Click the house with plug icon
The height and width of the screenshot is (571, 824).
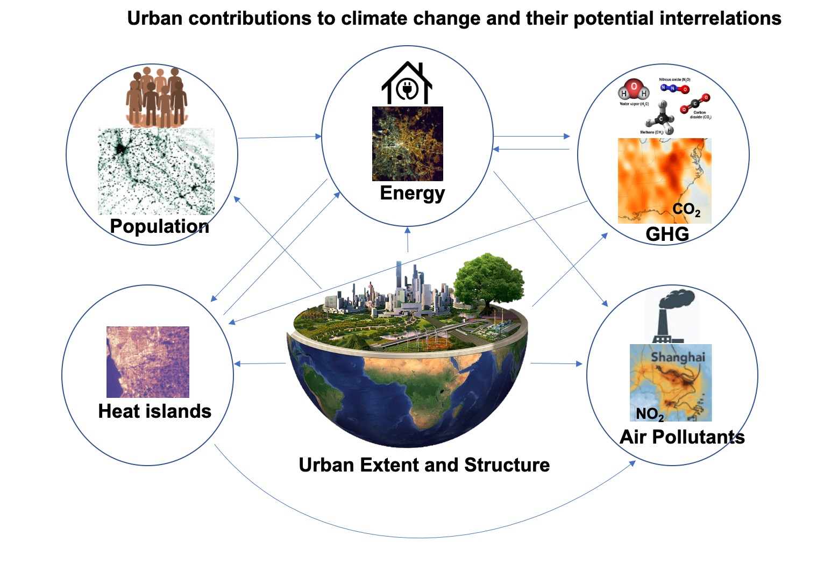(x=407, y=83)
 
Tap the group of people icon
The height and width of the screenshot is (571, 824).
(x=157, y=97)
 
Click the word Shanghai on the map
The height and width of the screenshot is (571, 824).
(x=677, y=356)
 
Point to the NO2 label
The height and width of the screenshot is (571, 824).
(x=649, y=414)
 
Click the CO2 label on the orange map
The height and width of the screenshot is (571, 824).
(x=686, y=210)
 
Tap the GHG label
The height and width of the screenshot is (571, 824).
(x=667, y=234)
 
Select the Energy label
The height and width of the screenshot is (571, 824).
(x=412, y=193)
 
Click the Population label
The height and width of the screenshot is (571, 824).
(x=159, y=226)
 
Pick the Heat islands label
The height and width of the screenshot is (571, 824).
(x=154, y=411)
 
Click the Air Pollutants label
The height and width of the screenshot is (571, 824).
(x=682, y=437)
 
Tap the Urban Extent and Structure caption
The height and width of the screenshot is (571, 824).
(x=424, y=465)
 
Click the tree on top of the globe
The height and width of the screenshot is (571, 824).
(x=488, y=280)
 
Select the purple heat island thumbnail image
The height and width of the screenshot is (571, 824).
(x=148, y=362)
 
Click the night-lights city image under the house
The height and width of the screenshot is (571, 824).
(x=408, y=144)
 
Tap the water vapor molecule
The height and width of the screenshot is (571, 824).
(x=634, y=91)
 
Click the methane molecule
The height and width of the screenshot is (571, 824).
(x=662, y=119)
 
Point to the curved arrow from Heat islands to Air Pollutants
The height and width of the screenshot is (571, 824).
(x=425, y=537)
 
